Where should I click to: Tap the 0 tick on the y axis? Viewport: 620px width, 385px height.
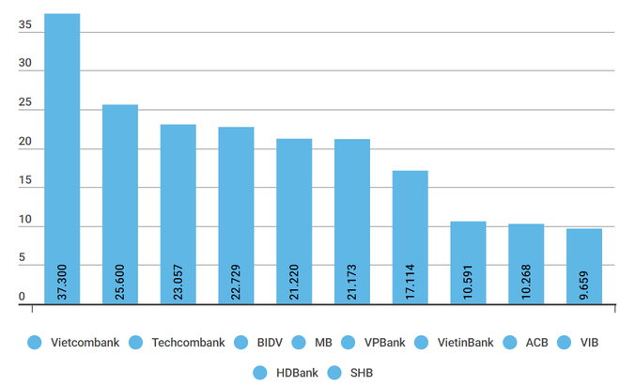21,297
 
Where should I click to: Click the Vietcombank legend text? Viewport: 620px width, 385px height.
85,342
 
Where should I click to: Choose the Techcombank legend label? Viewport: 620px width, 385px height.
188,342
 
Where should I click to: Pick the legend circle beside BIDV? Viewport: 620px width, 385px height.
241,342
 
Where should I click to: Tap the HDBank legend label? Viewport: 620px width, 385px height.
296,373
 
